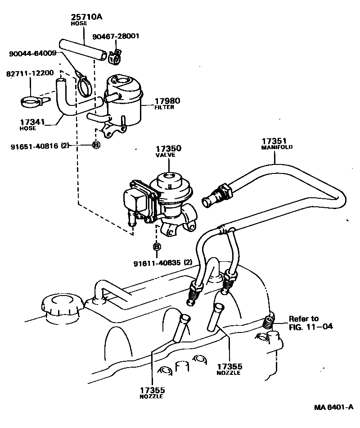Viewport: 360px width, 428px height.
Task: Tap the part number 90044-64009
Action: [33, 53]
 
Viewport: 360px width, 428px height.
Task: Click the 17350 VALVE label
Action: [168, 151]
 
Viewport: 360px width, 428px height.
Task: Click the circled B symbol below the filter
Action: [95, 145]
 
